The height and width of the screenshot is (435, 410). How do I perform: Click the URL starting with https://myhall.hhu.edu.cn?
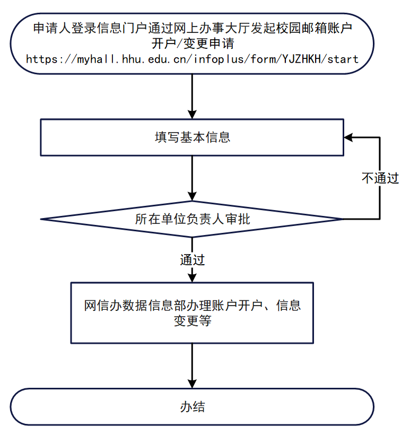pyautogui.click(x=192, y=58)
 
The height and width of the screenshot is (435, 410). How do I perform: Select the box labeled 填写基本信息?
pyautogui.click(x=192, y=137)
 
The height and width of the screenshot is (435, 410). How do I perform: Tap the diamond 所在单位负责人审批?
pyautogui.click(x=192, y=219)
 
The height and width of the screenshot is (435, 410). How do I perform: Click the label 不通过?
pyautogui.click(x=380, y=178)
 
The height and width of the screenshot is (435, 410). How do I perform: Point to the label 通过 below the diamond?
pyautogui.click(x=192, y=260)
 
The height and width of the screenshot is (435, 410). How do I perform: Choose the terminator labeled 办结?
pyautogui.click(x=192, y=407)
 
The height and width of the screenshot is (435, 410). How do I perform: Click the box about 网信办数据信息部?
pyautogui.click(x=192, y=312)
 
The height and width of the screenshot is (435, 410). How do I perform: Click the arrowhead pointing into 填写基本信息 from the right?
pyautogui.click(x=348, y=137)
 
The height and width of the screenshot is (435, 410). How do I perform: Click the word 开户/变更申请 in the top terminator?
pyautogui.click(x=192, y=42)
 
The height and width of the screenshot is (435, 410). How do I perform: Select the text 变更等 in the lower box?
pyautogui.click(x=192, y=320)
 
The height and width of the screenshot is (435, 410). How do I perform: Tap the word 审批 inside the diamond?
pyautogui.click(x=237, y=219)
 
